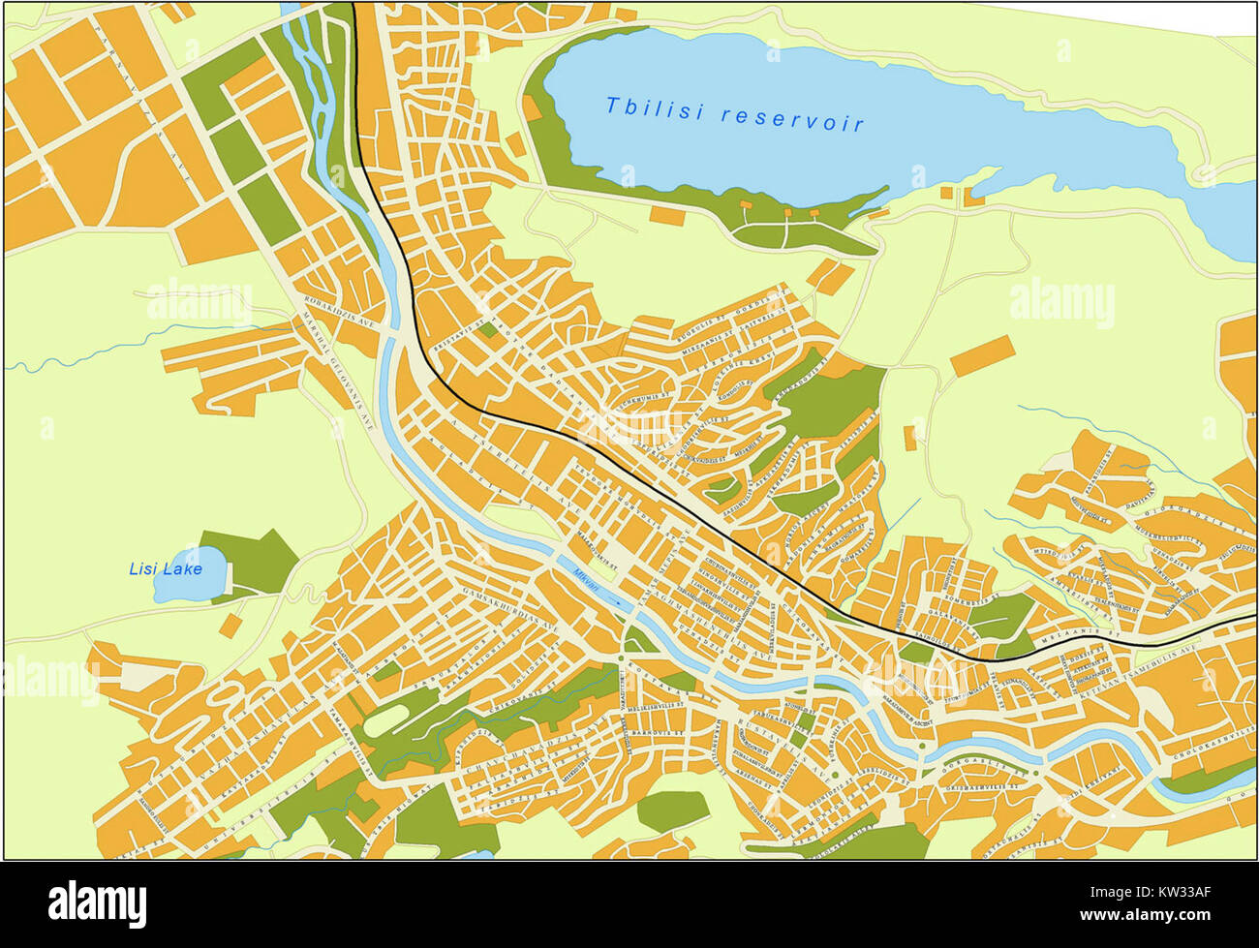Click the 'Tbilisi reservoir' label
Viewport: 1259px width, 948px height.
pos(734,113)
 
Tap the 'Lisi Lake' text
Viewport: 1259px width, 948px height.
pos(166,568)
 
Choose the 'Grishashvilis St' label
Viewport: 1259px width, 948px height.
pos(978,787)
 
